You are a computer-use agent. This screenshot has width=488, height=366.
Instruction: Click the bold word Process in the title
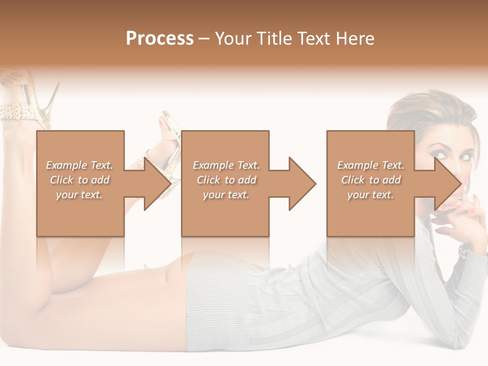(160, 39)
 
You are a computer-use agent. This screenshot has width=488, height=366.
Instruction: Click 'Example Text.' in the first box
(80, 165)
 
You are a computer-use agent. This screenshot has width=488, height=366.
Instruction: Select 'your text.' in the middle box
(226, 195)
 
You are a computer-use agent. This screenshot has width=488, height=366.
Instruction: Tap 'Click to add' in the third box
(371, 180)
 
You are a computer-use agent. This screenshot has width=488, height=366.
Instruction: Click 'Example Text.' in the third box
(371, 165)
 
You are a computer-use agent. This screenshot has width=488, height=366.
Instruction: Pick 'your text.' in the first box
(80, 195)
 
